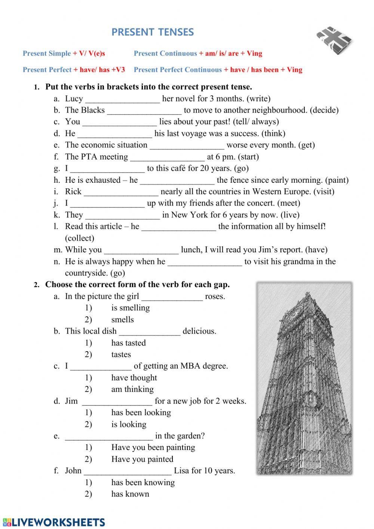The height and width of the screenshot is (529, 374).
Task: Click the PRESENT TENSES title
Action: pyautogui.click(x=153, y=32)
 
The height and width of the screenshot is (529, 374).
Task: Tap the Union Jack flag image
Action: pyautogui.click(x=334, y=41)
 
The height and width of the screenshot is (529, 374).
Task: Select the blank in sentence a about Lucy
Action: pyautogui.click(x=123, y=99)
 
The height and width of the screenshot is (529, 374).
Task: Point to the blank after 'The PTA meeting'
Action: pyautogui.click(x=168, y=157)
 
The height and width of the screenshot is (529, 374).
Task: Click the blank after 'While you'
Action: pyautogui.click(x=141, y=250)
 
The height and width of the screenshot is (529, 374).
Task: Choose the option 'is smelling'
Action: pyautogui.click(x=131, y=308)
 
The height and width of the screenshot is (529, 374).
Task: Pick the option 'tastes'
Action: pyautogui.click(x=121, y=354)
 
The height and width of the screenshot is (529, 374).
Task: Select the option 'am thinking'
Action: pyautogui.click(x=132, y=389)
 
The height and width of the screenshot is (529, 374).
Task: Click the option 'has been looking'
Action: pyautogui.click(x=141, y=413)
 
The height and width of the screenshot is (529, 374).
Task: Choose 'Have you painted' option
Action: pyautogui.click(x=142, y=459)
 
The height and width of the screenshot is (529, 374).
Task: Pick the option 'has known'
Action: pyautogui.click(x=130, y=494)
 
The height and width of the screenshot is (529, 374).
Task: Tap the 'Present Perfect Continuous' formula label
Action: pyautogui.click(x=178, y=70)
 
